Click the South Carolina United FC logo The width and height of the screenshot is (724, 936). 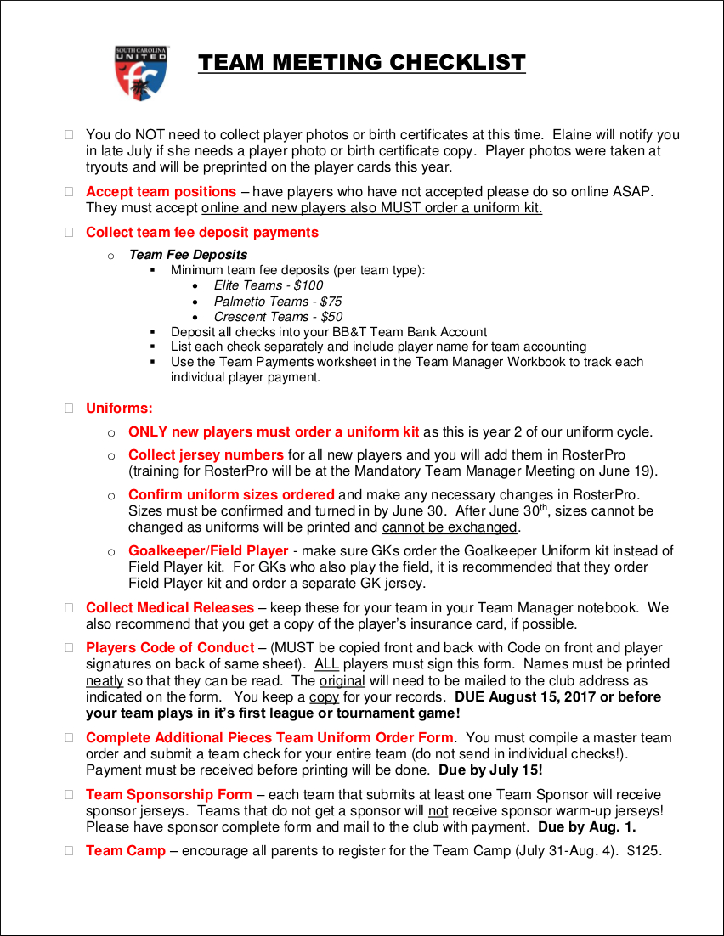point(141,73)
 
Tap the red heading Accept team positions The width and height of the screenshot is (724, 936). point(161,192)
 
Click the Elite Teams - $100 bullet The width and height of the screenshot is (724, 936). point(268,285)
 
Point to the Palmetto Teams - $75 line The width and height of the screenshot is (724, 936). point(277,302)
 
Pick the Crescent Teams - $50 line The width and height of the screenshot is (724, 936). point(278,318)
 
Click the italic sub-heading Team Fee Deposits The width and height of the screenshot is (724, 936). point(188,255)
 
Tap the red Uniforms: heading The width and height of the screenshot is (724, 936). point(119,409)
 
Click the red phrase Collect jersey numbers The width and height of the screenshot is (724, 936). point(206,455)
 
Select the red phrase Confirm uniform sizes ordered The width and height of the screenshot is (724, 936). point(231,494)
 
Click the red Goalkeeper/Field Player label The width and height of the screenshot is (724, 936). point(208,551)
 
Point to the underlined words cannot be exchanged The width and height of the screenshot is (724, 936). point(450,527)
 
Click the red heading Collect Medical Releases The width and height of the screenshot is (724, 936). point(169,608)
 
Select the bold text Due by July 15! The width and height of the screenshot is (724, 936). point(490,770)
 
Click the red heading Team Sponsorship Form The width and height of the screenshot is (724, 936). point(168,795)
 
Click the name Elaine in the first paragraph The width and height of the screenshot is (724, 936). point(573,135)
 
